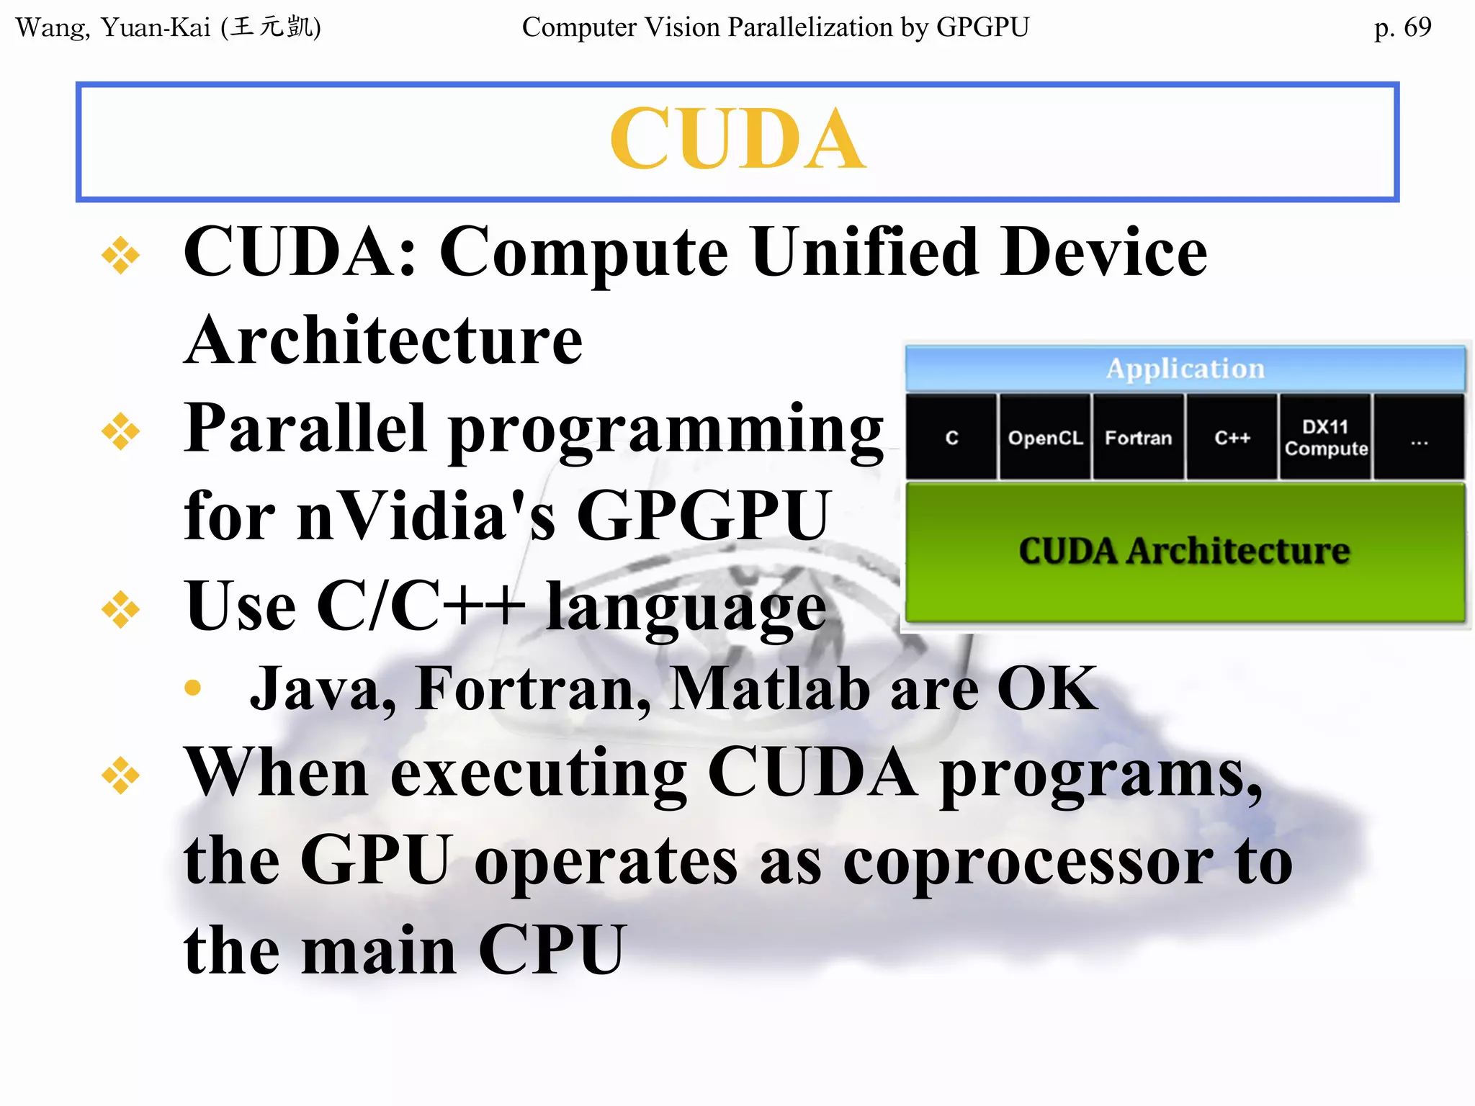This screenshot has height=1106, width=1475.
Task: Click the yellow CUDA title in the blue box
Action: coord(737,139)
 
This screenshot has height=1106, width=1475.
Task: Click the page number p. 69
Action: coord(1402,27)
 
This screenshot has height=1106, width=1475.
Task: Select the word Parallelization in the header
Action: coord(810,27)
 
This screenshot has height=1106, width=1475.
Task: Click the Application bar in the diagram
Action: coord(1185,369)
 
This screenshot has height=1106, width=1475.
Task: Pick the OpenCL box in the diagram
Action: coord(1045,438)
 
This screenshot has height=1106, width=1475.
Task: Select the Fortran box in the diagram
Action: coord(1138,438)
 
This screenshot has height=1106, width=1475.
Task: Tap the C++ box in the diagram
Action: coord(1232,438)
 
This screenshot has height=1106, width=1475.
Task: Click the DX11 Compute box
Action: coord(1325,438)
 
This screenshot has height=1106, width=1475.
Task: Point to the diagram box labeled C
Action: coord(951,438)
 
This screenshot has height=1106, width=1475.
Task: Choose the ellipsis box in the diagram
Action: coord(1419,438)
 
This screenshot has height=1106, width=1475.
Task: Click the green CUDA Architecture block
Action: coord(1185,552)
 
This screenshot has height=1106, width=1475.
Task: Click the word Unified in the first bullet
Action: coord(865,251)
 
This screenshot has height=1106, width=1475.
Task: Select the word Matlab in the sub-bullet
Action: coord(769,689)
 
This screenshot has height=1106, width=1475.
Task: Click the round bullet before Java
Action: coord(192,688)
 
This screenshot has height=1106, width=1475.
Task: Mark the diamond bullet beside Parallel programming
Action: coord(120,432)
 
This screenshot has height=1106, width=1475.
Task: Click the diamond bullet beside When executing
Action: coord(120,775)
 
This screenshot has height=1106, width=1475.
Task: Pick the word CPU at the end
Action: coord(552,950)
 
